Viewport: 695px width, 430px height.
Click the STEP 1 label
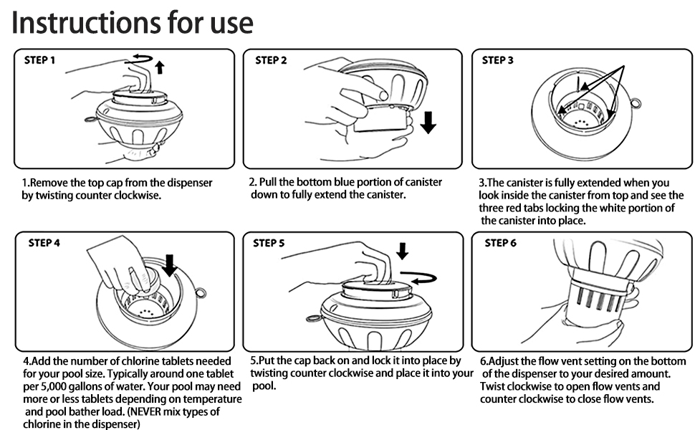tap(41, 60)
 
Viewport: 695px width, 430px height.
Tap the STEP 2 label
tap(271, 60)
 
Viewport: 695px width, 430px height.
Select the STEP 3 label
tap(498, 60)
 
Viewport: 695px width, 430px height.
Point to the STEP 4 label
tap(44, 243)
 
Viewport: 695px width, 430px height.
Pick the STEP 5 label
tap(269, 243)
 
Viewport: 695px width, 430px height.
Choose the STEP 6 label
tap(500, 243)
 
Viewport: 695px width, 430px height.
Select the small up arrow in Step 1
tap(160, 67)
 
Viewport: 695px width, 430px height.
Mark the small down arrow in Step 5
tap(401, 251)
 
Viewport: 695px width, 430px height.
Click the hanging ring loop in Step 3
tap(635, 105)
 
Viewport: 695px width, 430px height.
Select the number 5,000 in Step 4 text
tap(39, 387)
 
